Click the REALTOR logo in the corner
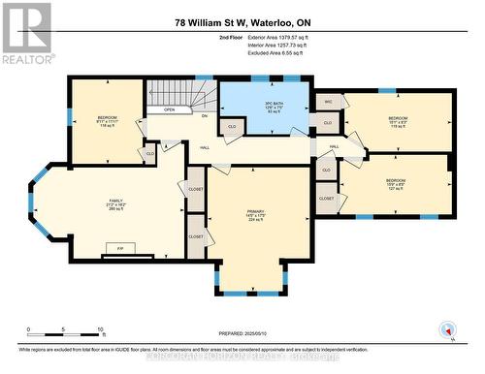coord(26,33)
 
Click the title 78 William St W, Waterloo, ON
coord(242,22)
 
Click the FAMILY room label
coord(115,205)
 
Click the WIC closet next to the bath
coord(328,101)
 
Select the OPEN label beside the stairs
coord(170,109)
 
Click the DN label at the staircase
coord(205,116)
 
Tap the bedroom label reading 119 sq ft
coord(398,121)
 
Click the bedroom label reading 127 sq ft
coord(395,184)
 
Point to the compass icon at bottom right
coord(447,328)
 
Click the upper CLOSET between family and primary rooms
coord(195,191)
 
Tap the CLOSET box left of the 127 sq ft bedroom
coord(327,198)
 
